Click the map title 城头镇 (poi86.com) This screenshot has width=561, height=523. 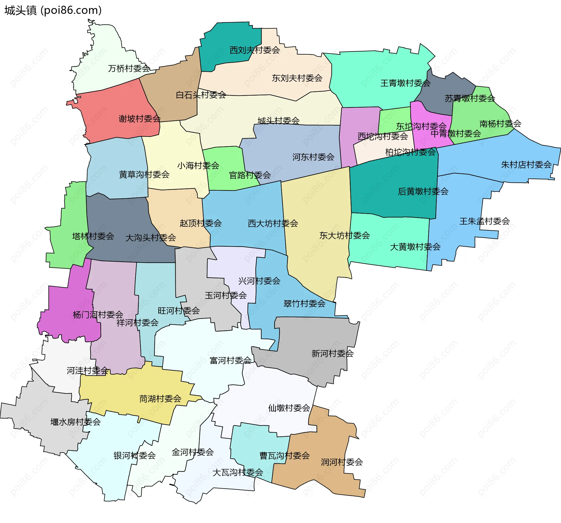[53, 10]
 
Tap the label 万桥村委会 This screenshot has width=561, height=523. [129, 68]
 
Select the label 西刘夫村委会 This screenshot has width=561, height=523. [254, 50]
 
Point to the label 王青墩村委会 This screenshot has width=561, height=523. [405, 83]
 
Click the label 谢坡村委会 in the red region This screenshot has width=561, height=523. [139, 119]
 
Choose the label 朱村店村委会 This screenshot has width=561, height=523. [526, 165]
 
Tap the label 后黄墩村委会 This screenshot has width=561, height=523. [423, 191]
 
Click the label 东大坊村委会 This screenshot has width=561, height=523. [344, 235]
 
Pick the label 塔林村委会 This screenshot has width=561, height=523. [93, 236]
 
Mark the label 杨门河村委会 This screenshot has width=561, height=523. [98, 315]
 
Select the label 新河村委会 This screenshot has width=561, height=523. [333, 353]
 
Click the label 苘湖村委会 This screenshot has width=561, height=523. [160, 398]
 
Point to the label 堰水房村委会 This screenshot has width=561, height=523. [75, 422]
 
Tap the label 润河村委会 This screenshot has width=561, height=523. [342, 462]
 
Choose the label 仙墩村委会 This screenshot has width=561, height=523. [289, 408]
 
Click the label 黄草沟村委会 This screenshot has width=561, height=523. [144, 175]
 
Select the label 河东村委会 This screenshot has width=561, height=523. [313, 157]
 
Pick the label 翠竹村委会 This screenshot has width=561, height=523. [304, 303]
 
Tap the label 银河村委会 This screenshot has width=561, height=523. [134, 455]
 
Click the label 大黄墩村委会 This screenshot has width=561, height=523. [415, 247]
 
